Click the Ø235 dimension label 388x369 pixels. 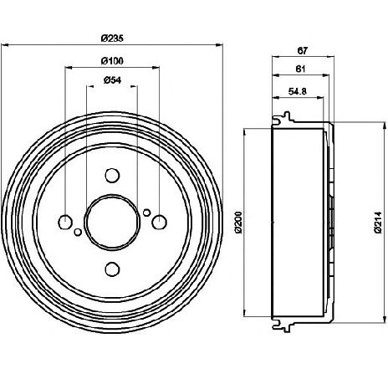(x=112, y=38)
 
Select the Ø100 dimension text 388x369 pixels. (x=112, y=61)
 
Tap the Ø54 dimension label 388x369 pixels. (x=112, y=80)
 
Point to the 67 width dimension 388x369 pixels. (x=303, y=51)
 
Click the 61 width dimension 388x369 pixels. (x=300, y=69)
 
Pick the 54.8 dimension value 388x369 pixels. (x=298, y=91)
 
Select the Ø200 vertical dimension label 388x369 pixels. (x=239, y=222)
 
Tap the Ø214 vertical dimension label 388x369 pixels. (x=377, y=223)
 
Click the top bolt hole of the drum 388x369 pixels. (x=112, y=175)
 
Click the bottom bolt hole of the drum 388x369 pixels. (x=112, y=269)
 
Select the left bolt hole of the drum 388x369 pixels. (x=65, y=222)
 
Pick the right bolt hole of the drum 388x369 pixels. (x=160, y=222)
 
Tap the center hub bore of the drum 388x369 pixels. (x=112, y=222)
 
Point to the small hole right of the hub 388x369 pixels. (x=146, y=213)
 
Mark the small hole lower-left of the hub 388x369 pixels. (x=78, y=232)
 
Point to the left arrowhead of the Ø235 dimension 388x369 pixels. (x=5, y=44)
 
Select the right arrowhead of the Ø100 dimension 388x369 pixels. (x=156, y=67)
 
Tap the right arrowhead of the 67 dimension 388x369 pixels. (x=330, y=57)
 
